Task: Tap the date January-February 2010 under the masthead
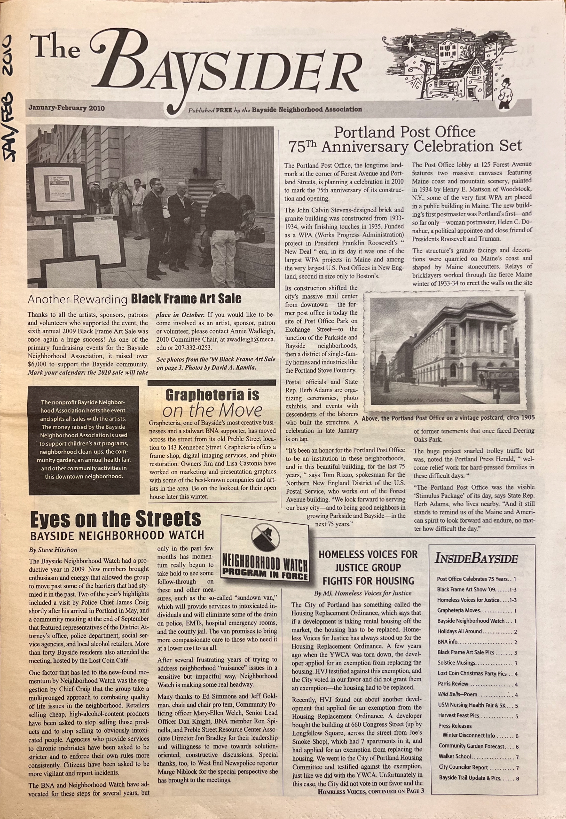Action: click(x=67, y=108)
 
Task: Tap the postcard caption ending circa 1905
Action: click(x=448, y=418)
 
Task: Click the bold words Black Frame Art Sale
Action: click(x=186, y=299)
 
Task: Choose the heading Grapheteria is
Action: click(x=212, y=395)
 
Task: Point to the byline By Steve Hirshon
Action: click(x=53, y=550)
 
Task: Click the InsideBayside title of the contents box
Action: click(x=476, y=559)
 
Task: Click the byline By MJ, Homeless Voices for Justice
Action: click(x=363, y=593)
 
